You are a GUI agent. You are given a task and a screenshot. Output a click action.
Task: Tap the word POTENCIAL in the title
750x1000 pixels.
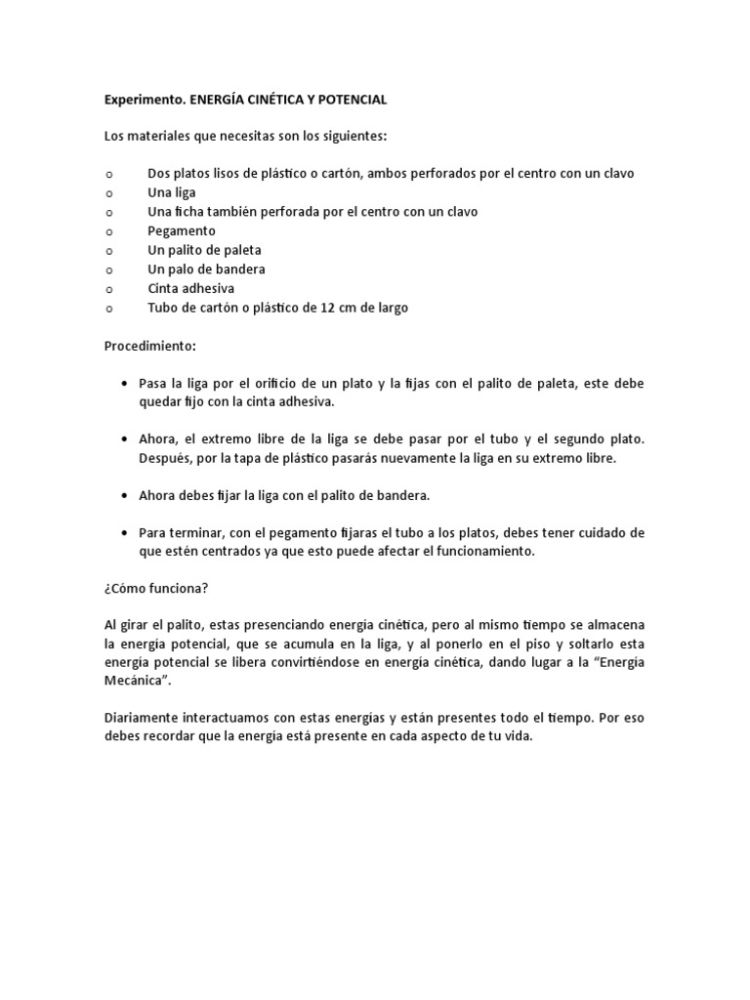click(349, 100)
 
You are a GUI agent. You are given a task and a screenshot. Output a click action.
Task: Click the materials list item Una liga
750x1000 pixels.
click(172, 192)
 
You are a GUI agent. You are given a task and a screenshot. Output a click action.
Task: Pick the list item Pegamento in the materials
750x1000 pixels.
click(182, 230)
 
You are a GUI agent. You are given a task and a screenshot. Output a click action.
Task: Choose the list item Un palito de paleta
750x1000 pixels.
click(204, 250)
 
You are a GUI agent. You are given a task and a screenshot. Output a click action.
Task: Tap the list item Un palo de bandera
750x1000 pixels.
click(206, 269)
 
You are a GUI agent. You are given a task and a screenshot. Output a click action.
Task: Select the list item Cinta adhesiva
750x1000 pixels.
click(190, 288)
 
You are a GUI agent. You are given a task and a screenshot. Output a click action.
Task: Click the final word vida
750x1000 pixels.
click(519, 736)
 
